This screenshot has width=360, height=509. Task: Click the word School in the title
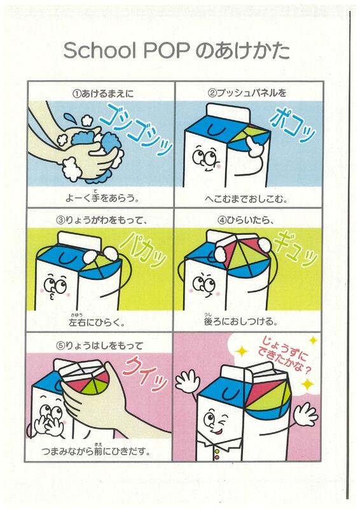tap(99, 51)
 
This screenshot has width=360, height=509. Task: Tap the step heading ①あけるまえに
tap(103, 94)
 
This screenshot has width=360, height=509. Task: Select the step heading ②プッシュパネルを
tap(247, 93)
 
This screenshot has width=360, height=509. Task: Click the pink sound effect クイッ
tap(146, 373)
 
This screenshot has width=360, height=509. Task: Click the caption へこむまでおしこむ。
tap(247, 199)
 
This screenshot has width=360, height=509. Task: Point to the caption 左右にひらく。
tap(97, 321)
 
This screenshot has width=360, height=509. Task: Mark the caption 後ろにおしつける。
tap(241, 321)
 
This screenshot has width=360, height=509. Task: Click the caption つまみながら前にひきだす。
tap(97, 450)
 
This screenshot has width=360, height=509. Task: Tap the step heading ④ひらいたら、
tap(246, 220)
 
